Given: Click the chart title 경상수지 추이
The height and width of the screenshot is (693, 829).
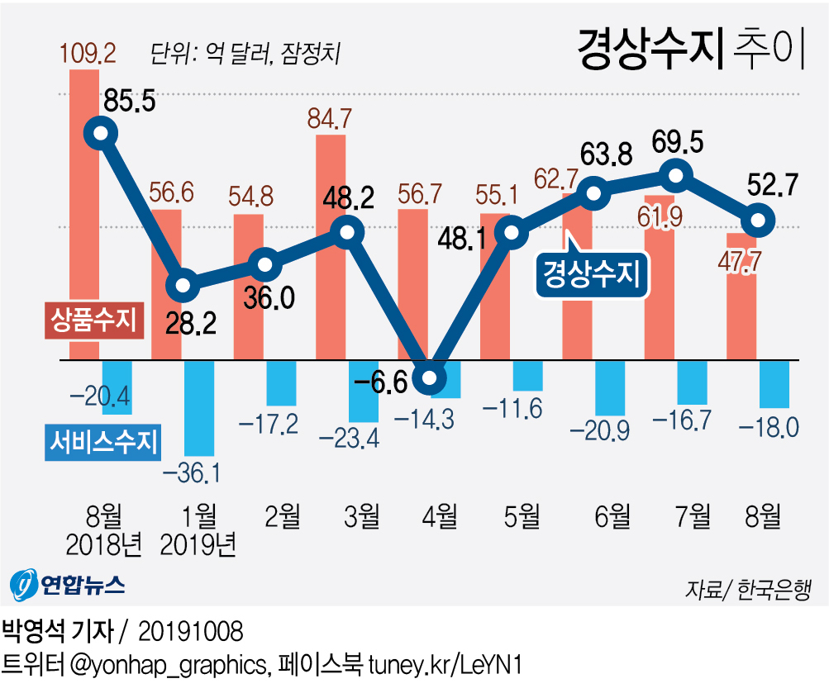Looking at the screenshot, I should [690, 51].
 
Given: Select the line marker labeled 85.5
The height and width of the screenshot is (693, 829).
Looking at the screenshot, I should [101, 132].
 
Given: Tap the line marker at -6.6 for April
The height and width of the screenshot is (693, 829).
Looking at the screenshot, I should [430, 379].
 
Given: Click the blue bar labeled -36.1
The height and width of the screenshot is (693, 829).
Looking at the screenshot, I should [199, 408].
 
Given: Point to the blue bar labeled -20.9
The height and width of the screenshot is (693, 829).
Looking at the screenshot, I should [610, 387].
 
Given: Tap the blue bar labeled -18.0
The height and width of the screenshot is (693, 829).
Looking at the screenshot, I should [774, 384].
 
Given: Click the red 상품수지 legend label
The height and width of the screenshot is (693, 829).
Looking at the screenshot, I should [93, 320].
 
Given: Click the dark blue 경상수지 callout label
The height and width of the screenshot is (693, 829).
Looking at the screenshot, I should [590, 274].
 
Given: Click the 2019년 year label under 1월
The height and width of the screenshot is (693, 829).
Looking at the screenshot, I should [199, 545].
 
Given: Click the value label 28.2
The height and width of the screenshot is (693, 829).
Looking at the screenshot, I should [190, 322].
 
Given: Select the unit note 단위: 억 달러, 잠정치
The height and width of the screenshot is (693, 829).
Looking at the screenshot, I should [245, 54].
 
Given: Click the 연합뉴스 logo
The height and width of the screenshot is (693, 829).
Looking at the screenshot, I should [68, 585].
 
